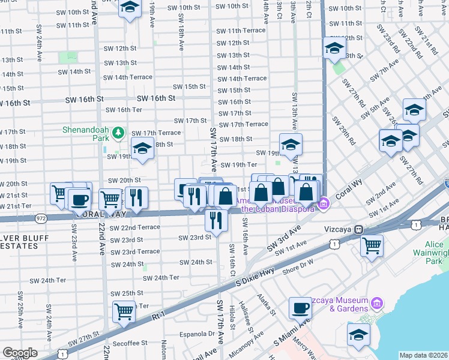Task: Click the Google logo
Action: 20,353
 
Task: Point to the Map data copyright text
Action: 423,355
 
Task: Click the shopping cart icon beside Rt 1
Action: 124,311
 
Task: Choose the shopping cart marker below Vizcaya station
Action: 372,245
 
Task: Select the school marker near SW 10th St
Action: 129,8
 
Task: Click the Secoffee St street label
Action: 129,343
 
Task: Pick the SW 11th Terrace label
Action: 242,31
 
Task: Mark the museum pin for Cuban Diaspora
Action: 324,204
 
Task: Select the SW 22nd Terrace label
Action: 135,227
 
